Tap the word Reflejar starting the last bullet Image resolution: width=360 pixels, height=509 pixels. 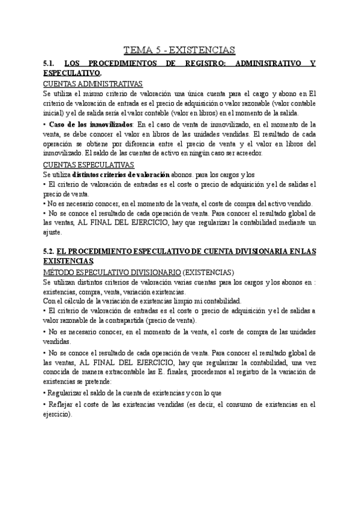[62, 405]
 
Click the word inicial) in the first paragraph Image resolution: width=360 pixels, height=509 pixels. [56, 113]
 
